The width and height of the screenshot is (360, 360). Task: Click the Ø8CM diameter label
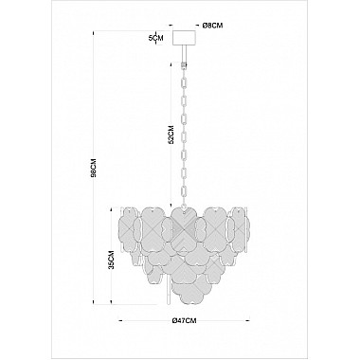point(212,26)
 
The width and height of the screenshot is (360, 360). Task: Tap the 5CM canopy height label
point(155,38)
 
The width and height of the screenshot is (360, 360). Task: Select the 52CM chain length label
point(171,135)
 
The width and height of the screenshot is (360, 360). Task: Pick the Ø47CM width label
point(185,321)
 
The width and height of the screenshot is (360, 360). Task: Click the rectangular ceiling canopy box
point(184,38)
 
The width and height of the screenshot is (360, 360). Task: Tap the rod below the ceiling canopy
point(184,53)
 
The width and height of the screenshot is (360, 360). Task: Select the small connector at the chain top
point(183,64)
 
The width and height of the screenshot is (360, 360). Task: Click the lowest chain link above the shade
point(183,192)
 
